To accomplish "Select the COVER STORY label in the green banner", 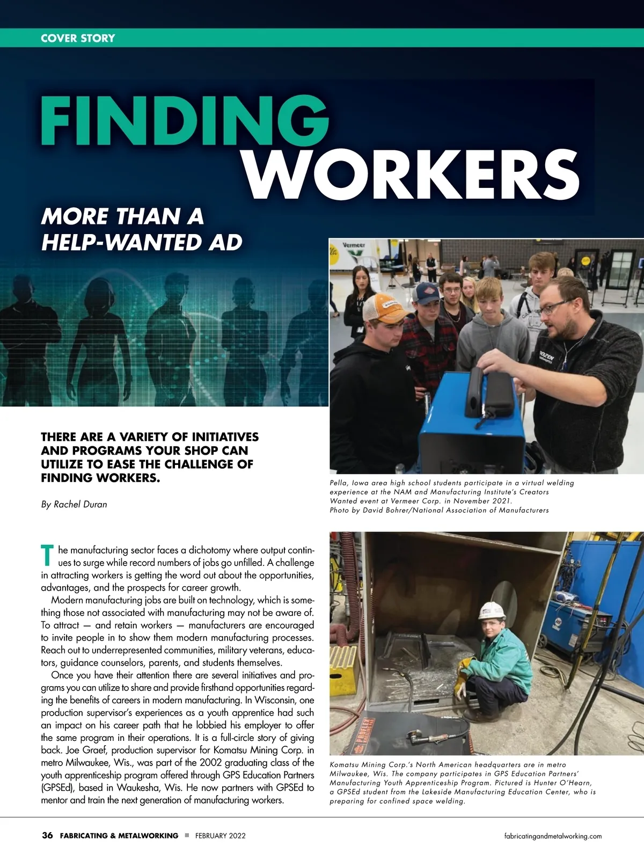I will [x=78, y=38].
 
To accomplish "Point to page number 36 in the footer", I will [x=47, y=835].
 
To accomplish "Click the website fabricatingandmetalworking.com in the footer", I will [x=553, y=836].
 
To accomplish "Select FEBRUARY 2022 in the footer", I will [x=221, y=836].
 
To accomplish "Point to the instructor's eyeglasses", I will [x=553, y=308].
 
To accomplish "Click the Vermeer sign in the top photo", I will [x=354, y=245].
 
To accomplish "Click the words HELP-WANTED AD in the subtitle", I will [x=142, y=242].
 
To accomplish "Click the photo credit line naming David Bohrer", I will [x=439, y=510].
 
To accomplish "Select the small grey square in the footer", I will [x=187, y=835].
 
